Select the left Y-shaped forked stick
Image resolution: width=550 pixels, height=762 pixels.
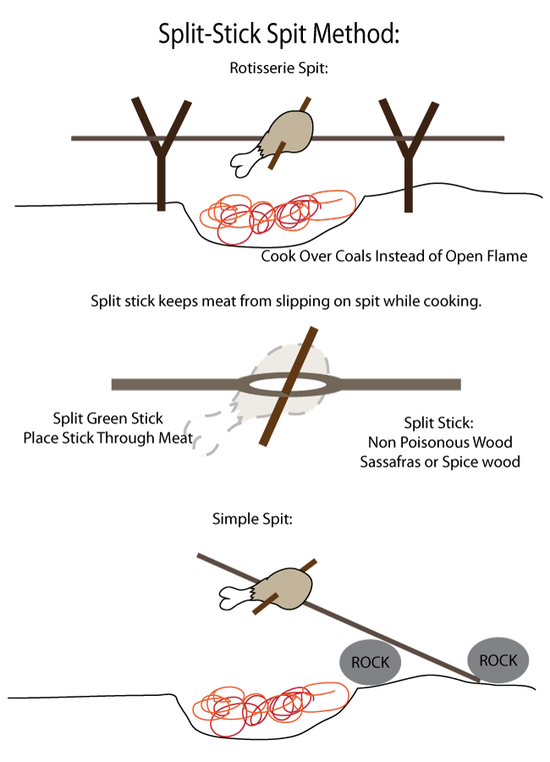tap(160, 152)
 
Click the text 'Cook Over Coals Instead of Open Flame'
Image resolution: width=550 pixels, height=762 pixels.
tap(393, 256)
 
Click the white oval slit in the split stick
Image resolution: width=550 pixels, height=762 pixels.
tap(288, 384)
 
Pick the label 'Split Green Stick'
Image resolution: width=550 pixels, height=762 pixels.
tap(107, 418)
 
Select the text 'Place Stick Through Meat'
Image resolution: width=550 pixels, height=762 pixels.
tap(107, 438)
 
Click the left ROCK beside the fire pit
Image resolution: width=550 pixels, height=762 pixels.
tap(370, 661)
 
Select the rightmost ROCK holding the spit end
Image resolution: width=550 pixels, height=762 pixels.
tap(499, 660)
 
